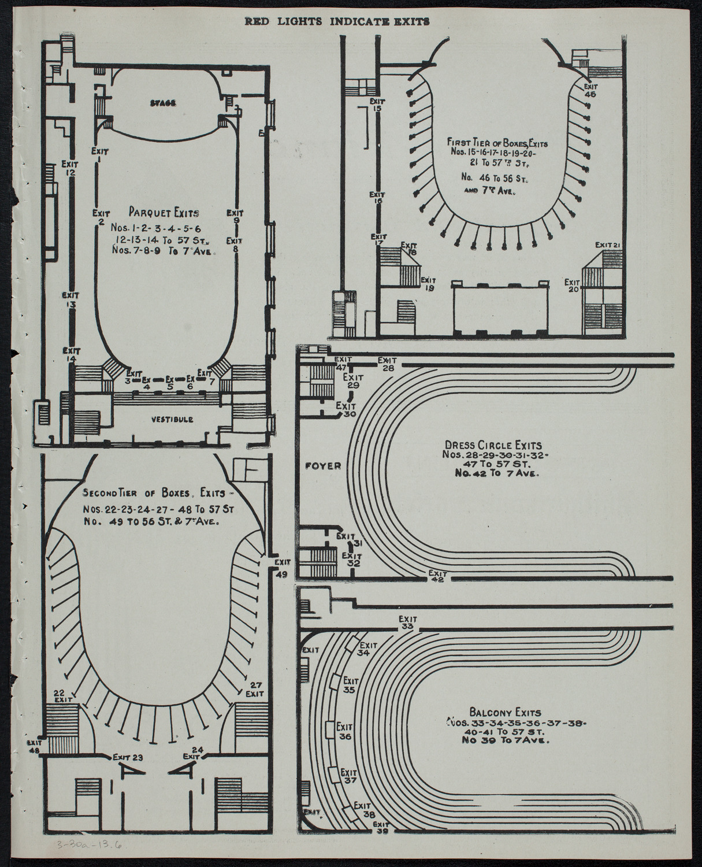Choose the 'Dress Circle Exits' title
493,445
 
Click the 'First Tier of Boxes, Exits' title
497,140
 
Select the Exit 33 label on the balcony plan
407,622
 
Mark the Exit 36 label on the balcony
345,731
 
